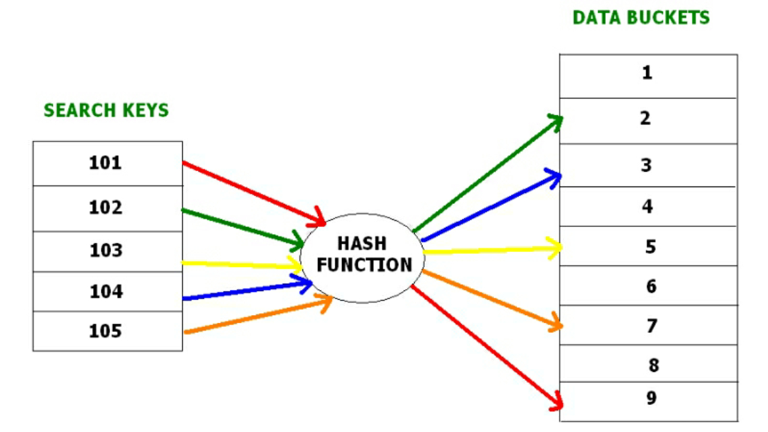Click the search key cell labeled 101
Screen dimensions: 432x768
(107, 163)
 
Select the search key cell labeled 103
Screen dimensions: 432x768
(107, 251)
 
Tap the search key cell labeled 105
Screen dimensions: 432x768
(107, 331)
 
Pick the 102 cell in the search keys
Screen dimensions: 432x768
(107, 208)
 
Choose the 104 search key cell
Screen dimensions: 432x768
(107, 292)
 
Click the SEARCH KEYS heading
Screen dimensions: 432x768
(106, 110)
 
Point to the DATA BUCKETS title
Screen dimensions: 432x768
(641, 17)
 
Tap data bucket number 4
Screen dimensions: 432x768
(648, 207)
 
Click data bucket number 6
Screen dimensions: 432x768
(648, 286)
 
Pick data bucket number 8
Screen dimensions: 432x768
(648, 364)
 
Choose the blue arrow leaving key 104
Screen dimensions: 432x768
(246, 290)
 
